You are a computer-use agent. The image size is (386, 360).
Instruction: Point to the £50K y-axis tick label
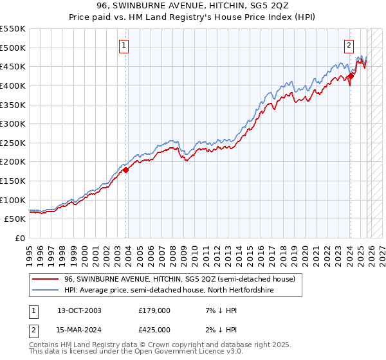tap(15, 219)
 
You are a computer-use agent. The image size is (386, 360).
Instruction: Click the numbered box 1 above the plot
tap(123, 45)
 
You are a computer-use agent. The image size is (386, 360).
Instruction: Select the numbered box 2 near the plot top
tap(348, 45)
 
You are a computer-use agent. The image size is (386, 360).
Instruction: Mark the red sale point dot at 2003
tap(126, 170)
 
